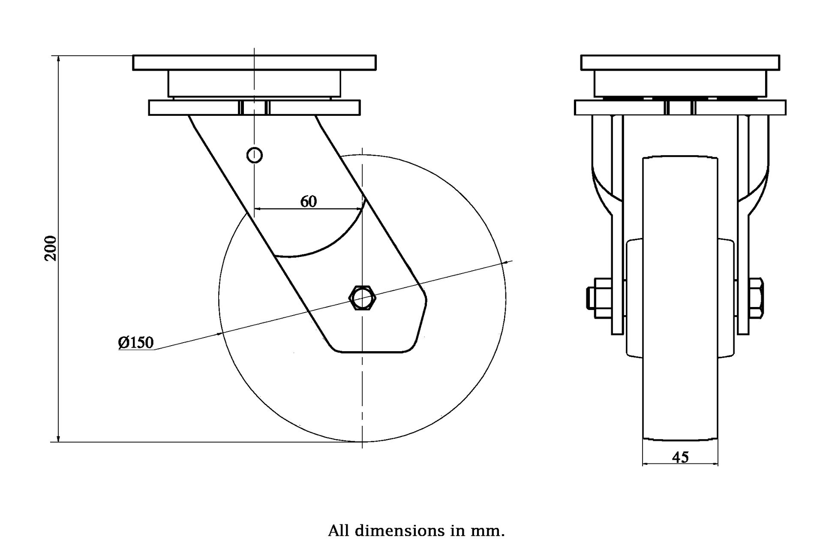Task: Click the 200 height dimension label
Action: click(51, 248)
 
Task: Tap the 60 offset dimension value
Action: click(308, 201)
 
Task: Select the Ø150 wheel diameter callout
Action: click(136, 342)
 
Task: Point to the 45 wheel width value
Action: click(680, 457)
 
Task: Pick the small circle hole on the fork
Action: click(255, 155)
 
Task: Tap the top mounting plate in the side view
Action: click(254, 63)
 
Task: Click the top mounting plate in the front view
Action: click(680, 63)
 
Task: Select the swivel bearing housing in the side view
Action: click(254, 84)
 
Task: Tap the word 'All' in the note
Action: click(339, 531)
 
